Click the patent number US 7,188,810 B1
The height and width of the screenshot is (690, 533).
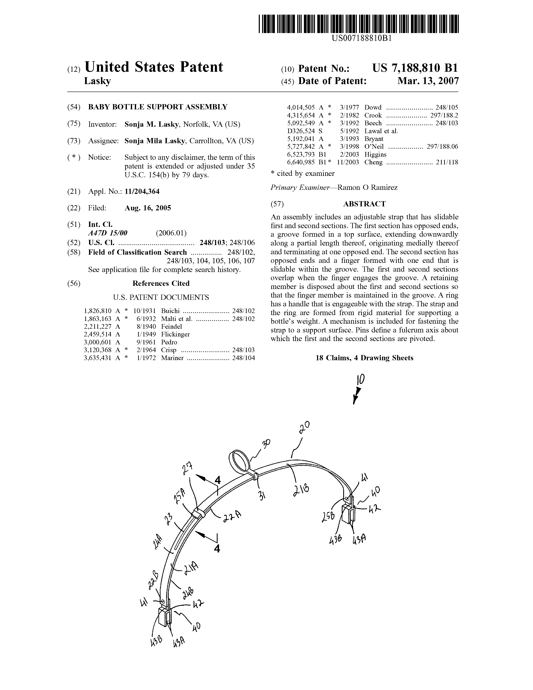(x=415, y=68)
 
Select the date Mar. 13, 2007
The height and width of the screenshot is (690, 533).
(x=428, y=81)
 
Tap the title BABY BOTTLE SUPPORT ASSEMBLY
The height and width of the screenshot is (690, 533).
(x=158, y=107)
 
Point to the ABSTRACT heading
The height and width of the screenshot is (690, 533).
(x=364, y=204)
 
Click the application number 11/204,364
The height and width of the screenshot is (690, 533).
(x=142, y=192)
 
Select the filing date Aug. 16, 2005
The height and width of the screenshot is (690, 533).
(x=148, y=208)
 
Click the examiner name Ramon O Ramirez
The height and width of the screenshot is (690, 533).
(x=367, y=188)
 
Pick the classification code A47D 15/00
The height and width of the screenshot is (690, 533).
(x=108, y=233)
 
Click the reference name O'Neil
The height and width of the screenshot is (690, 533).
(x=374, y=147)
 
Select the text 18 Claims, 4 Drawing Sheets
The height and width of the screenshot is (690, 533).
(x=364, y=358)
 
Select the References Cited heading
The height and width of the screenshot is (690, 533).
(x=161, y=283)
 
